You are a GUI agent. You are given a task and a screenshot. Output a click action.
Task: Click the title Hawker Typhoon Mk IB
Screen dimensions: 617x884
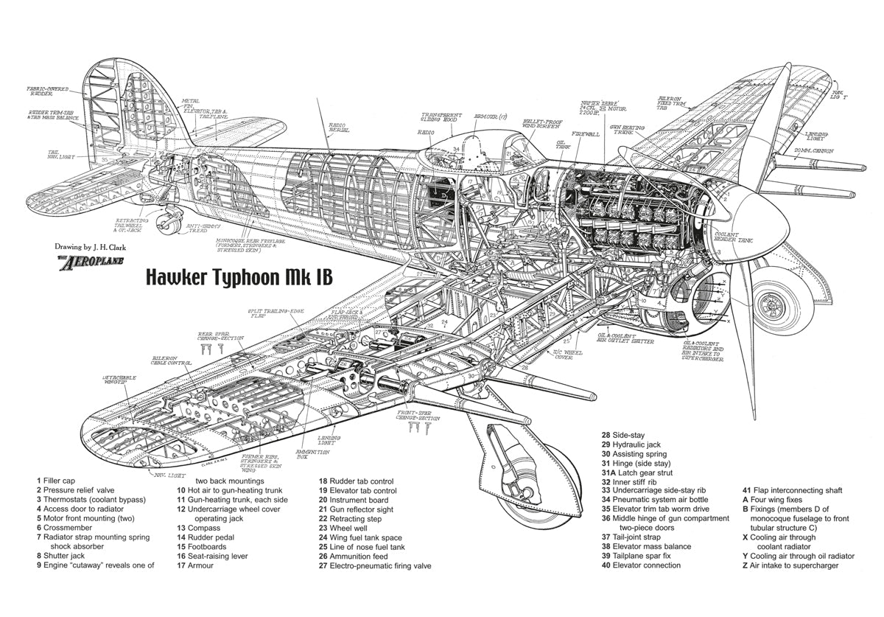239,277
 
